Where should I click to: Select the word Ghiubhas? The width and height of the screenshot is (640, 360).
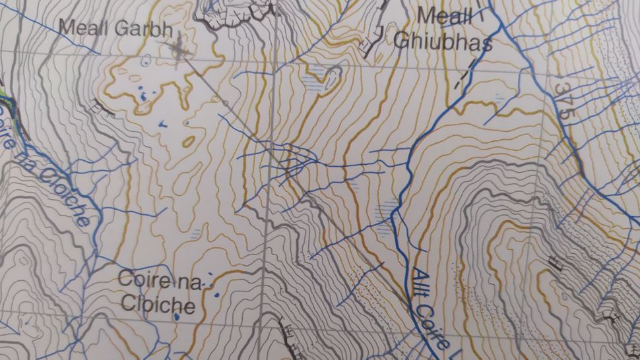tap(443, 42)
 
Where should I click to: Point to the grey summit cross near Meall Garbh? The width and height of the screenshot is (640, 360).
tap(177, 48)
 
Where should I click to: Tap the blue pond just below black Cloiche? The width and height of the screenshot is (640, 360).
tap(177, 317)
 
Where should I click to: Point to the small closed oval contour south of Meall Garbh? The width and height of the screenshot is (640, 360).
tap(189, 141)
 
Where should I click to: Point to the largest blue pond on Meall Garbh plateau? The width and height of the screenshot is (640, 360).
tap(143, 99)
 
